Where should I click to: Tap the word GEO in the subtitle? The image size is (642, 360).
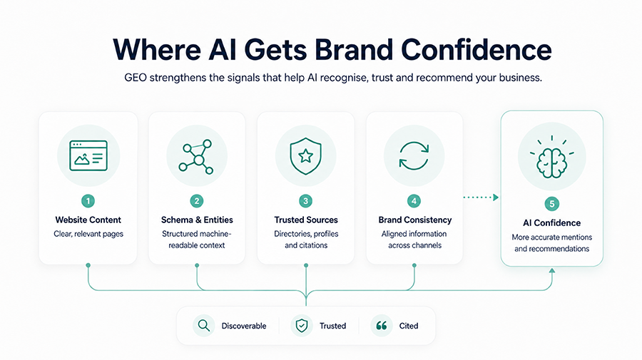(x=135, y=77)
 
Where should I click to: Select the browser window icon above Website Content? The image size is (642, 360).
(x=88, y=156)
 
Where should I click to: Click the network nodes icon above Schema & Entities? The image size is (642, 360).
(x=197, y=157)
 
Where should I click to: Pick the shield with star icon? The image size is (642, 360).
(x=305, y=156)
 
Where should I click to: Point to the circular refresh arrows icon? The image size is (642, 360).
(x=414, y=156)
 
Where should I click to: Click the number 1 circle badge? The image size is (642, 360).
(x=88, y=201)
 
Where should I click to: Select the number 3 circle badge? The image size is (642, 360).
(x=305, y=201)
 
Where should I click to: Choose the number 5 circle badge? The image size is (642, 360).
(x=552, y=204)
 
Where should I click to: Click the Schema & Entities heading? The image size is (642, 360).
(x=197, y=220)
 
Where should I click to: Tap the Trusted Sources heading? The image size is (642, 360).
(x=306, y=220)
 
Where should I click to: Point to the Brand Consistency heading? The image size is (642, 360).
(x=414, y=220)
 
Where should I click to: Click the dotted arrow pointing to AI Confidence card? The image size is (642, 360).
(x=481, y=197)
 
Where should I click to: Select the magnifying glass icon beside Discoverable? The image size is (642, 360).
(x=204, y=326)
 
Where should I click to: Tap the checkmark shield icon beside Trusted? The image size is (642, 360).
(x=302, y=326)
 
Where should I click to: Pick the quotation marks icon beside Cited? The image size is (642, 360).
(x=382, y=326)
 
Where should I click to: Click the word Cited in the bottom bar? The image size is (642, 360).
(x=409, y=326)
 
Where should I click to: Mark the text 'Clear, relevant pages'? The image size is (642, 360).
(x=88, y=234)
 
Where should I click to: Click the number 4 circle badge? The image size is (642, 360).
(x=414, y=201)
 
